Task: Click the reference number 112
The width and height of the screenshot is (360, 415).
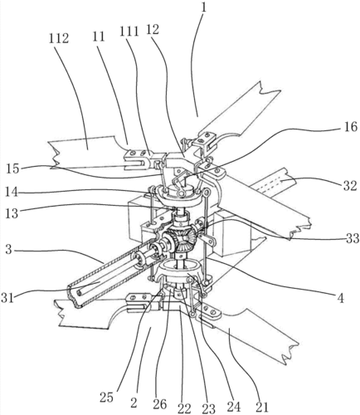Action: [59, 38]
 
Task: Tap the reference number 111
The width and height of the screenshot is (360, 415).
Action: [129, 32]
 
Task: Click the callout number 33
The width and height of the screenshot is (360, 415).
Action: [353, 238]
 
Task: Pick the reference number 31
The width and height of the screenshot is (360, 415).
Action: [7, 298]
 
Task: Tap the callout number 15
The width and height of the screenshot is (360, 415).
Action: [12, 168]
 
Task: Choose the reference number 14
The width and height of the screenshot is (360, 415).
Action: [12, 192]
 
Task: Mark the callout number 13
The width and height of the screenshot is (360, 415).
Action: [12, 213]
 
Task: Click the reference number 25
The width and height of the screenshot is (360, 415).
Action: [107, 398]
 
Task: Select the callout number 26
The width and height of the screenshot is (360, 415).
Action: [160, 404]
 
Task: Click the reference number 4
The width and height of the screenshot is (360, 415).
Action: [341, 298]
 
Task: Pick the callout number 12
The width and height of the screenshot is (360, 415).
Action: [153, 29]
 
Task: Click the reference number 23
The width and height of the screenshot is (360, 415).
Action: [208, 408]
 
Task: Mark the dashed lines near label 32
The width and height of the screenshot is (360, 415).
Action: [272, 184]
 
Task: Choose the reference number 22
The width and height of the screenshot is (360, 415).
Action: [184, 408]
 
